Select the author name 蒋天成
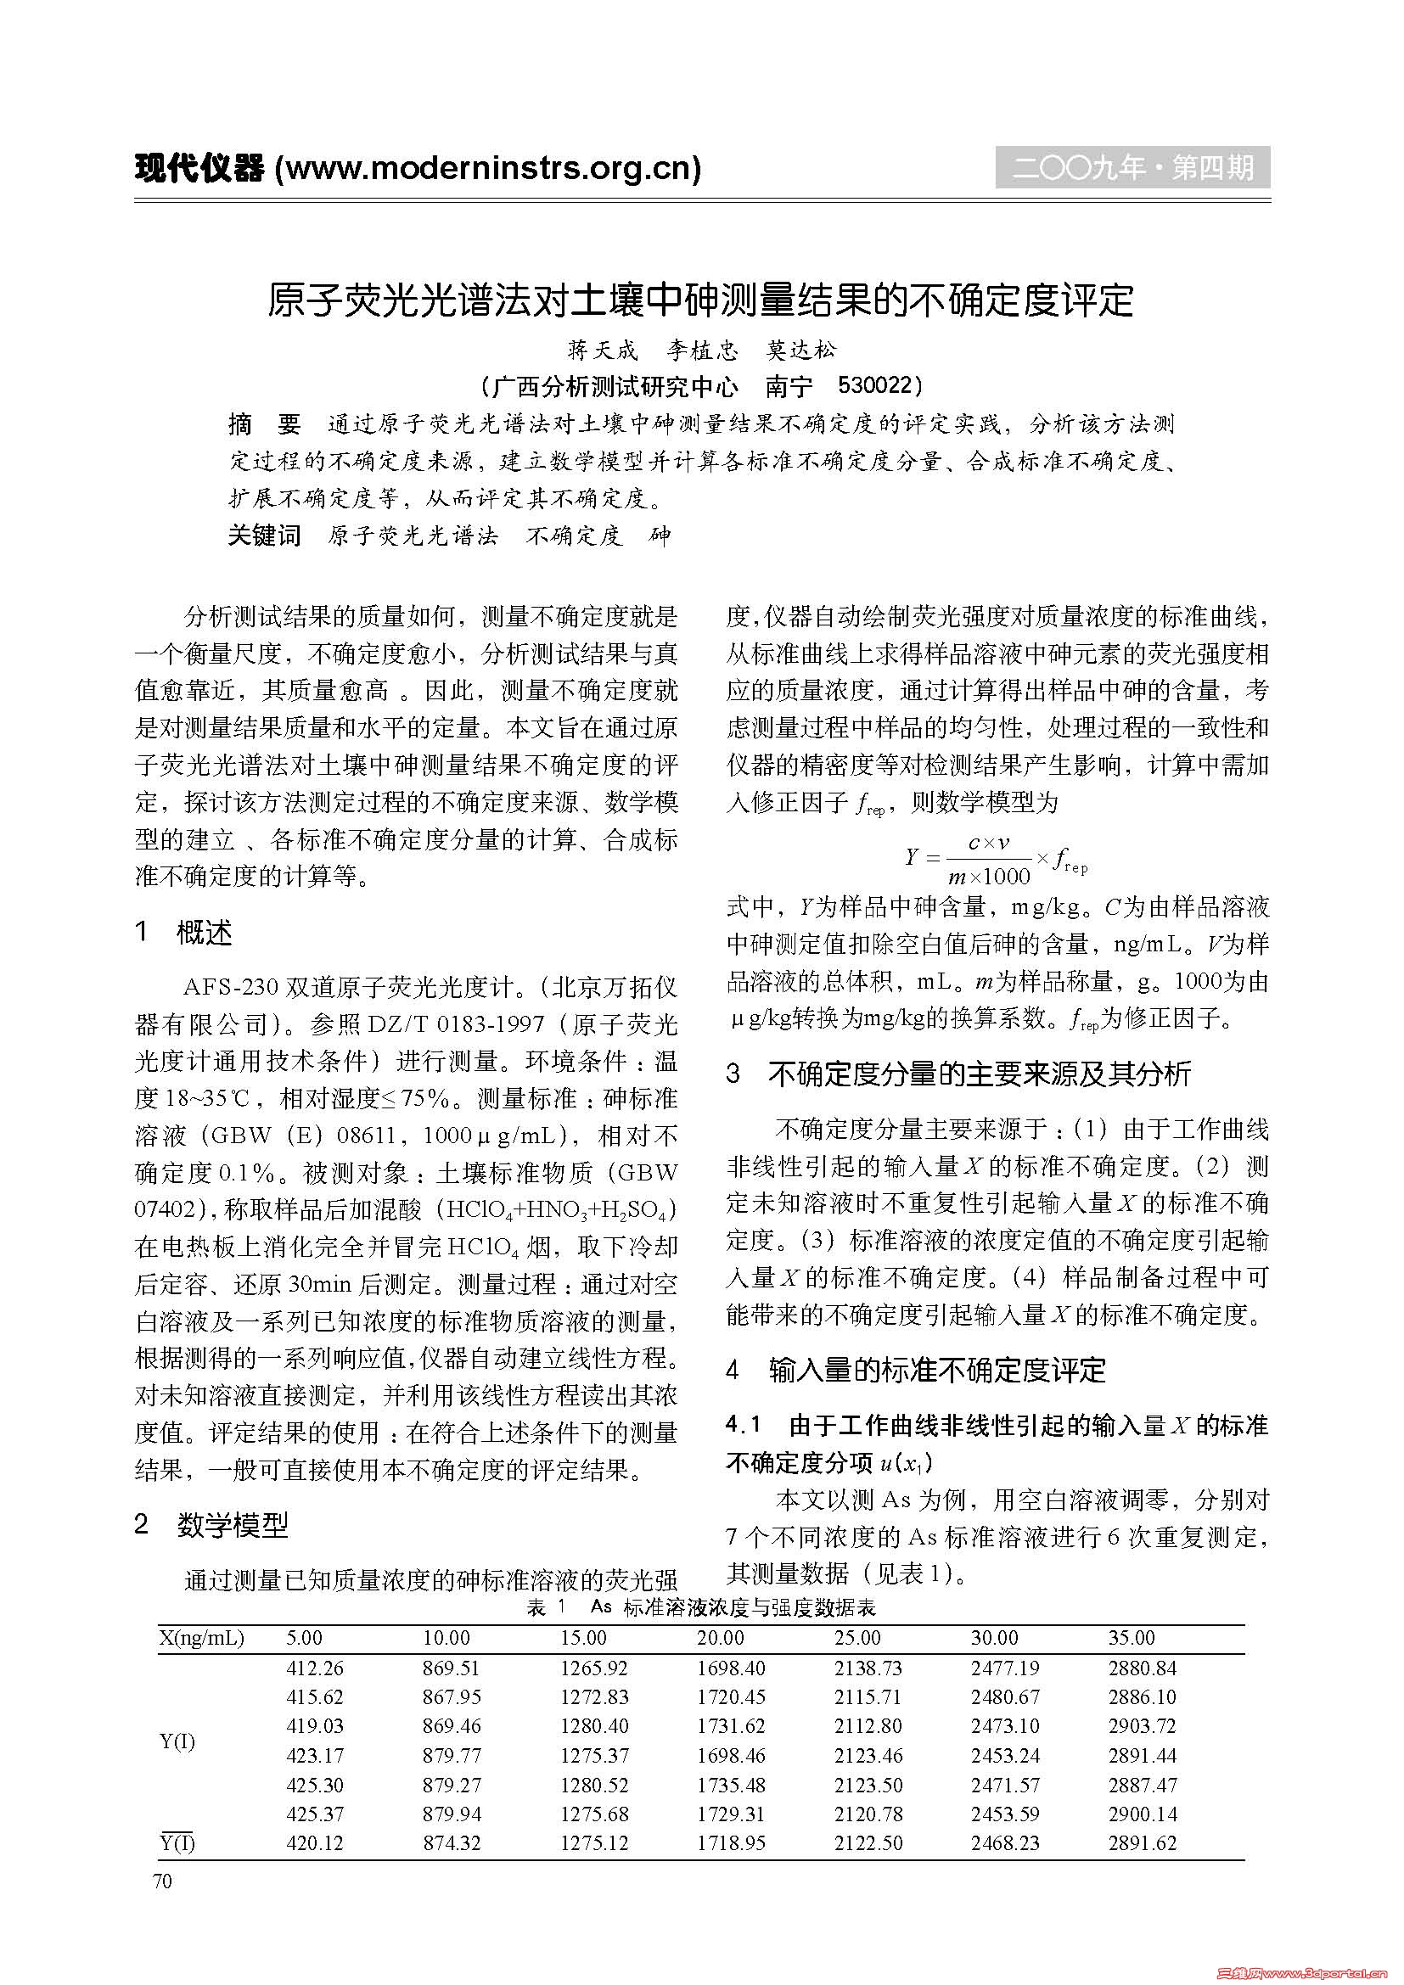[x=603, y=350]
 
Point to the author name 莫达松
[x=801, y=350]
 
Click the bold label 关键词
[x=264, y=536]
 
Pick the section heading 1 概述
[x=184, y=933]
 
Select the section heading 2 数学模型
[x=212, y=1525]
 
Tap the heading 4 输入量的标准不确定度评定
[x=916, y=1370]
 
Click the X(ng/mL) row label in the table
[x=201, y=1637]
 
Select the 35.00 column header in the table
[x=1132, y=1637]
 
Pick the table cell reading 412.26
[x=315, y=1668]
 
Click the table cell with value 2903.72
[x=1142, y=1726]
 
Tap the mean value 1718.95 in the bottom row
[x=732, y=1843]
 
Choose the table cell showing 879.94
[x=452, y=1814]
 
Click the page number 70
[x=162, y=1881]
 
